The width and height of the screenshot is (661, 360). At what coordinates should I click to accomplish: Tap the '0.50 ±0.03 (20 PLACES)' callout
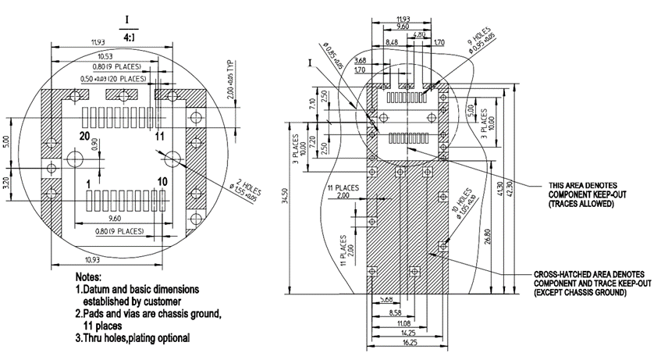114,79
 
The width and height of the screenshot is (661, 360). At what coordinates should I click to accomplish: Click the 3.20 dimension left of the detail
7,184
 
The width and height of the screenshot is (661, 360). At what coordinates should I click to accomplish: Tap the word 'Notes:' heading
91,277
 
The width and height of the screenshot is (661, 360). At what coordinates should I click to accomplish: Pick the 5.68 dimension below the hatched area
384,299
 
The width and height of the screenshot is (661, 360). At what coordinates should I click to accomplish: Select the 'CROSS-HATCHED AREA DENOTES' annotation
589,275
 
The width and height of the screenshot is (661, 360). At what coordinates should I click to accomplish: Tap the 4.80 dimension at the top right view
419,35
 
